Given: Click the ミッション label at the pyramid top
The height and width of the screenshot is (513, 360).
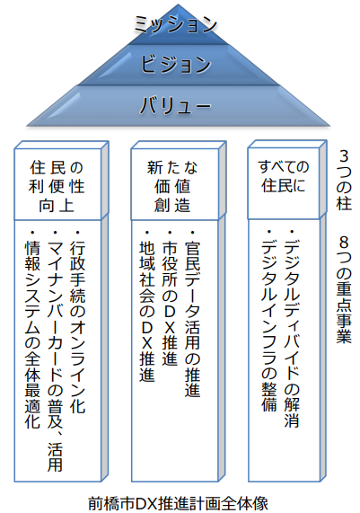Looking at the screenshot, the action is pos(176,25).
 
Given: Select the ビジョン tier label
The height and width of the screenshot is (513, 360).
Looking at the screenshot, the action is pos(176,64).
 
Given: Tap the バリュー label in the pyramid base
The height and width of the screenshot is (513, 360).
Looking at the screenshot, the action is pos(175,105).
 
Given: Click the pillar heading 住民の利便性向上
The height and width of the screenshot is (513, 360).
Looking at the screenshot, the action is pos(57,187).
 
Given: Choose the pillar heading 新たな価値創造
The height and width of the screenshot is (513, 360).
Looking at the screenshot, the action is pos(172,187).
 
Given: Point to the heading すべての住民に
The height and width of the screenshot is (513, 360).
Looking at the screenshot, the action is pos(283,176).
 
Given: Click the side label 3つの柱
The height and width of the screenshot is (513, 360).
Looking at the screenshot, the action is pos(344,180).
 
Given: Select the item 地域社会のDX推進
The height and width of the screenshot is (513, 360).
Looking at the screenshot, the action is pos(147,312).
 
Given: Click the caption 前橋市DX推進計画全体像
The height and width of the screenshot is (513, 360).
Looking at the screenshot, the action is pos(178,503).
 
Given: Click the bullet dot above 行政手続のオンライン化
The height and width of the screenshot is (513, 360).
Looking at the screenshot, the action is pos(77,233).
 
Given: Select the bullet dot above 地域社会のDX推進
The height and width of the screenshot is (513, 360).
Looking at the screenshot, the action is pos(147,233).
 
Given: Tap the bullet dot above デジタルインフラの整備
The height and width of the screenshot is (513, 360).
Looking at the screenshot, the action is pos(269,232).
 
